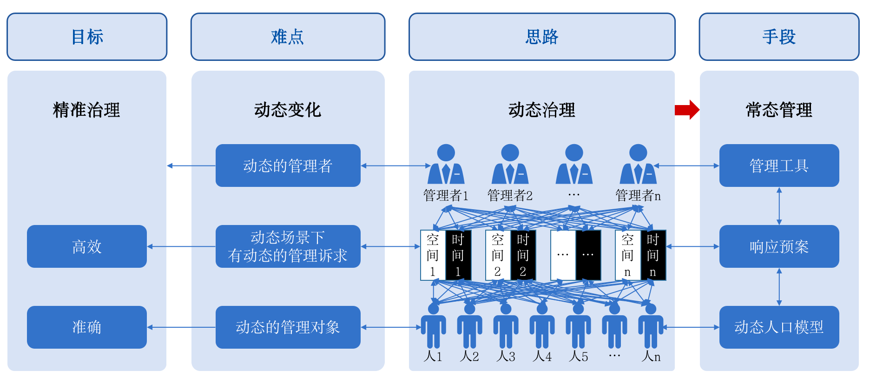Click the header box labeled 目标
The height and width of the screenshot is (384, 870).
coord(87,37)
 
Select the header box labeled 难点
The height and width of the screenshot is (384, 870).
coord(288,37)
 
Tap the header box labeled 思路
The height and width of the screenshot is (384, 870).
coord(541,37)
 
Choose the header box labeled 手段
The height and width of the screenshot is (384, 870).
coord(779,37)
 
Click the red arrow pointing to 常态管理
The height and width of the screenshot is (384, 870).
coord(687,110)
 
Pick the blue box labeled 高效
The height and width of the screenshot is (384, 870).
coord(87,246)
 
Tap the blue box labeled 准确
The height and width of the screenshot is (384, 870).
coord(87,327)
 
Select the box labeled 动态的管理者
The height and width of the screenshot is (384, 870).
coord(288,166)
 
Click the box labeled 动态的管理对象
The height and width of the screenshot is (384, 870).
coord(288,327)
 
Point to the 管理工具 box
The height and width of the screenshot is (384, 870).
coord(779,166)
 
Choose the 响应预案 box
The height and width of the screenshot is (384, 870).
coord(779,246)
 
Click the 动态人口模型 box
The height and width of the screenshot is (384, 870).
coord(779,327)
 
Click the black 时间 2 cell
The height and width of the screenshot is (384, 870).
coord(523,255)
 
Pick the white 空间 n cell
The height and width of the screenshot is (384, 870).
coord(627,255)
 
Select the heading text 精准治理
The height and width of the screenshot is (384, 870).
coord(87,110)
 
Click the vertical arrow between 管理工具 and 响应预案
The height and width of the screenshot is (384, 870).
coord(779,206)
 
